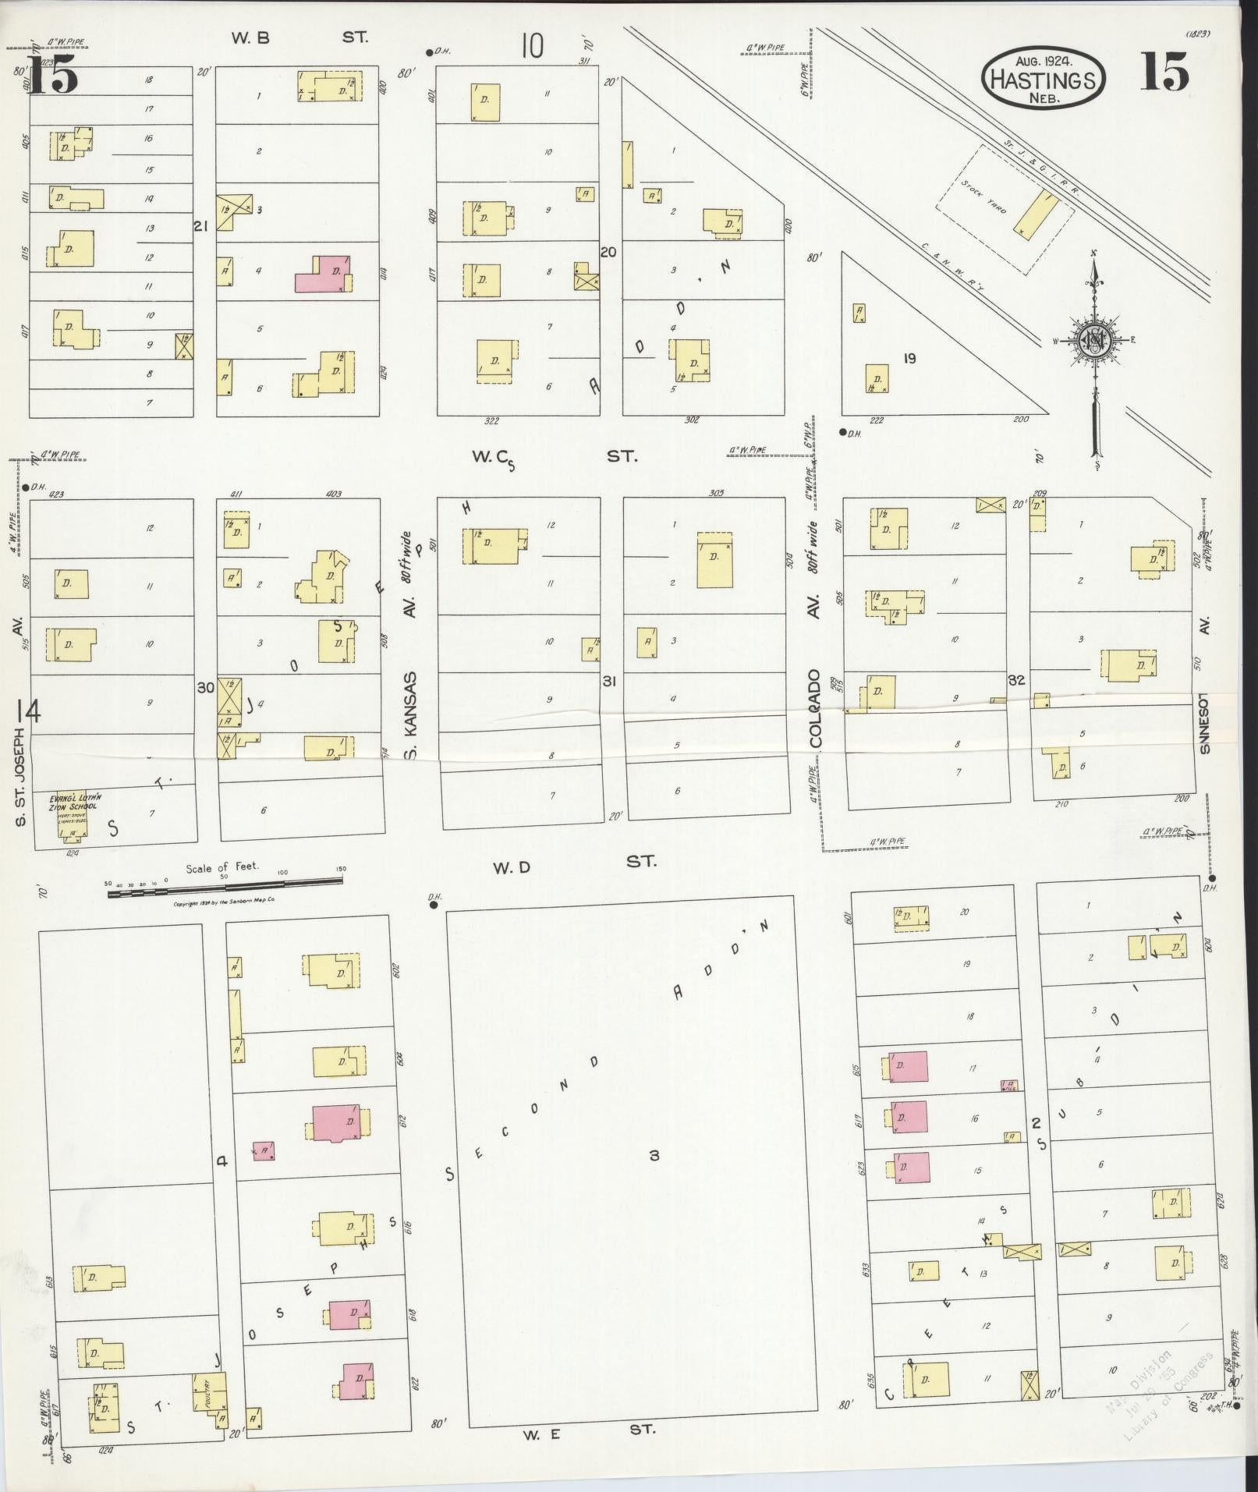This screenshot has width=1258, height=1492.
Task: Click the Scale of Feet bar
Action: coord(225,882)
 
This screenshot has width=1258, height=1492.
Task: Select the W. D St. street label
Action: coord(574,863)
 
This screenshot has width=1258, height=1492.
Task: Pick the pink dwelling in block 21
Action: coord(322,274)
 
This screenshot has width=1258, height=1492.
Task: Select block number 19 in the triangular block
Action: coord(909,359)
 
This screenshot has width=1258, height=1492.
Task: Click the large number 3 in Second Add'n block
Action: coord(654,1155)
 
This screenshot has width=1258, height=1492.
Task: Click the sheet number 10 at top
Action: coord(532,46)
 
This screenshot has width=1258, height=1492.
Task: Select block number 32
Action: coord(1016,679)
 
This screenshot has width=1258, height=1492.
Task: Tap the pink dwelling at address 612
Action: coord(335,1123)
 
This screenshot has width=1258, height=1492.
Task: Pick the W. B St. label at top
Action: coord(299,37)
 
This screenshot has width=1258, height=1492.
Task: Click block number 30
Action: coord(205,687)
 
